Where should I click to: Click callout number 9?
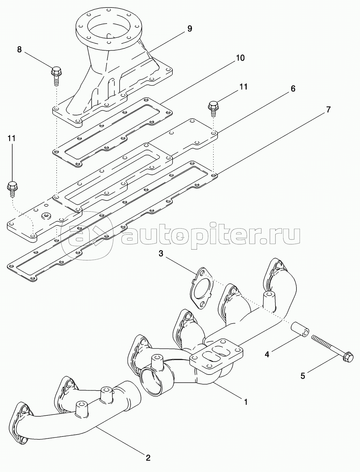tap(189, 29)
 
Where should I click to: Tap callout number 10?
tap(240, 58)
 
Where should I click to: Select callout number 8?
tap(19, 49)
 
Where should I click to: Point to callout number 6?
tap(293, 89)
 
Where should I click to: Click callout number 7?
tap(328, 109)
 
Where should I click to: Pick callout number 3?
tap(161, 253)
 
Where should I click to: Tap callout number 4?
tap(267, 354)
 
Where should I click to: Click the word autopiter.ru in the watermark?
tap(211, 236)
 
